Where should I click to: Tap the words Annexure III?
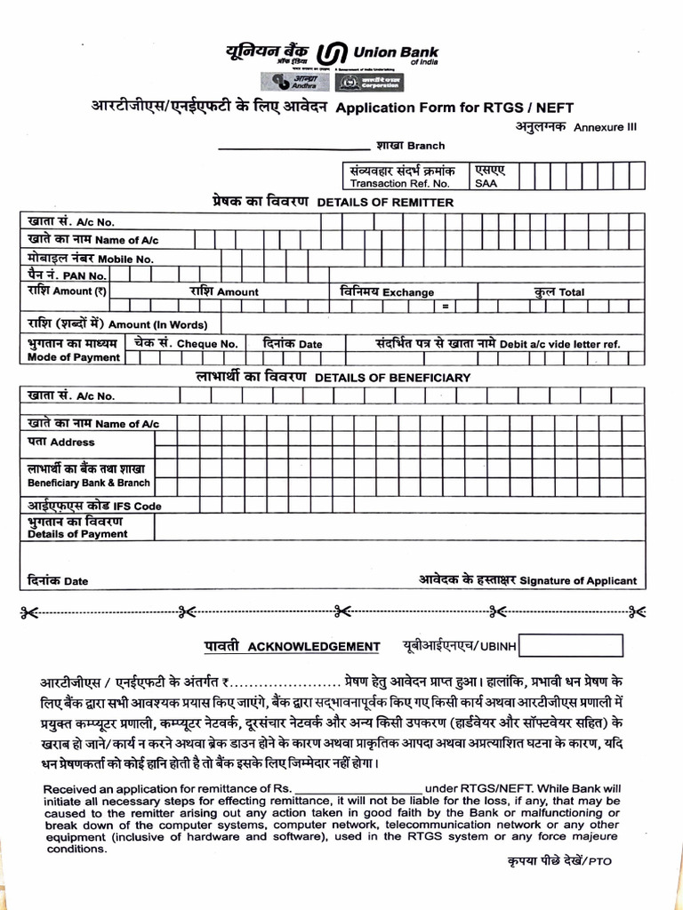coord(605,127)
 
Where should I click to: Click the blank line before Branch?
coord(293,147)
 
